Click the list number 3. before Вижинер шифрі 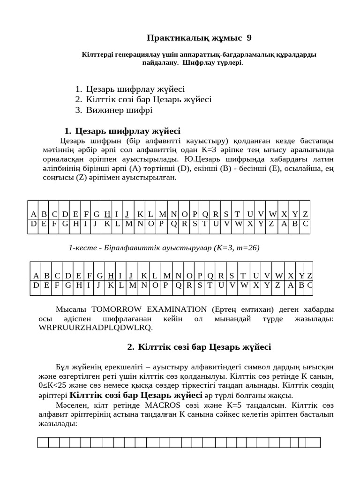[x=78, y=110]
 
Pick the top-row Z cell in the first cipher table [x=305, y=214]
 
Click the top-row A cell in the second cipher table [x=36, y=276]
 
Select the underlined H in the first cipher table [x=107, y=214]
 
